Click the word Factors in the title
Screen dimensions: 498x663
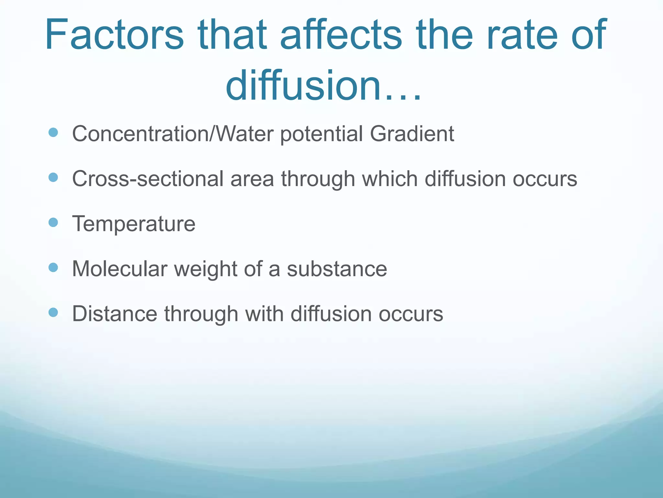114,35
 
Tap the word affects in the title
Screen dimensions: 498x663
341,35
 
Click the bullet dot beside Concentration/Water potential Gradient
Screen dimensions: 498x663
53,132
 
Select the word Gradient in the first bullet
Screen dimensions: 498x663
412,134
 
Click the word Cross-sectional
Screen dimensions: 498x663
148,179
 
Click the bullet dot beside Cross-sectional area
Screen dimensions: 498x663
53,177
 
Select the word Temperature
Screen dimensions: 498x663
134,224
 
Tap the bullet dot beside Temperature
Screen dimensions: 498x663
53,222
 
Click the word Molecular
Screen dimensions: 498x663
119,269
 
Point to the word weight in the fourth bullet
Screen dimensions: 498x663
206,269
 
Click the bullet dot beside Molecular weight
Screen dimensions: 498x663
53,267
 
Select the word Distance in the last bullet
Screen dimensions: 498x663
115,314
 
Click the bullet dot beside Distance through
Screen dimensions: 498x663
53,313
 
